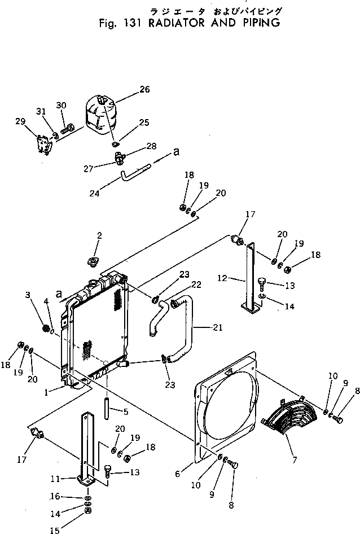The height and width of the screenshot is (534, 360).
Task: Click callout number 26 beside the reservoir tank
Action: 144,89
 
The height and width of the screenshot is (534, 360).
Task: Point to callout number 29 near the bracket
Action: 21,121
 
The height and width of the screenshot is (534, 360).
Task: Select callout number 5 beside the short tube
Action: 125,412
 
